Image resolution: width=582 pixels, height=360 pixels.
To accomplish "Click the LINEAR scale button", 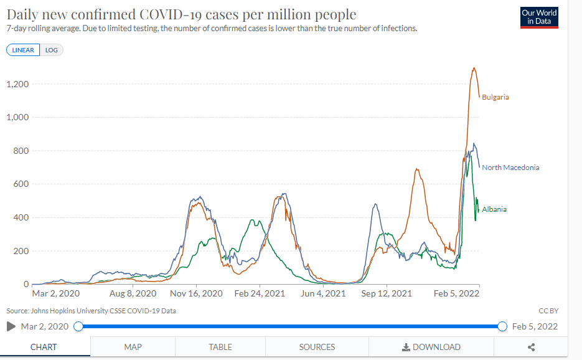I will click(x=24, y=50).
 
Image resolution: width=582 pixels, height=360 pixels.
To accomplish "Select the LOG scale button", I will click(x=52, y=50).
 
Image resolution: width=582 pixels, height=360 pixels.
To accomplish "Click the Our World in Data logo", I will click(x=539, y=17).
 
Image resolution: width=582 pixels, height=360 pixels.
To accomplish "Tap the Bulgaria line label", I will click(x=495, y=97).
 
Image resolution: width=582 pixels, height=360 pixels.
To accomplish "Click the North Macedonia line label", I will click(x=510, y=168).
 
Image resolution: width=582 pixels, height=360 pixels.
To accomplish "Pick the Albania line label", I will click(x=494, y=209).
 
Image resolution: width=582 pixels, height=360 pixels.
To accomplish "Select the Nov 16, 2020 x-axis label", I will click(x=196, y=293).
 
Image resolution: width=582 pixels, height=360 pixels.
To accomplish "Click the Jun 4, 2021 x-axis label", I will click(x=323, y=293).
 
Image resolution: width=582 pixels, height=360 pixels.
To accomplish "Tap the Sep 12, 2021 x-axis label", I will click(x=387, y=293).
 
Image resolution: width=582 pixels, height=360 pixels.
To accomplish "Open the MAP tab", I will click(x=133, y=347).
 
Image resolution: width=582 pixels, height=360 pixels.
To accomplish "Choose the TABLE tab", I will click(x=220, y=347).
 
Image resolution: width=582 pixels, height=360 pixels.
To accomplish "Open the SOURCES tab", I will click(x=317, y=347).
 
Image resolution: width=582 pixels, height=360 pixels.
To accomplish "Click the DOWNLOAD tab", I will click(x=431, y=347).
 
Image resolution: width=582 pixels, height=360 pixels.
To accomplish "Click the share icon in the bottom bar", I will click(x=531, y=347).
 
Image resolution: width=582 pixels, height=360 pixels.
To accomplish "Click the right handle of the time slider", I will click(x=502, y=326).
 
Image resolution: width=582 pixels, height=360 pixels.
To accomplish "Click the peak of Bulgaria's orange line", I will click(x=474, y=68).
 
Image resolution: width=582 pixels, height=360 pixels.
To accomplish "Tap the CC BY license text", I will click(x=548, y=310).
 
